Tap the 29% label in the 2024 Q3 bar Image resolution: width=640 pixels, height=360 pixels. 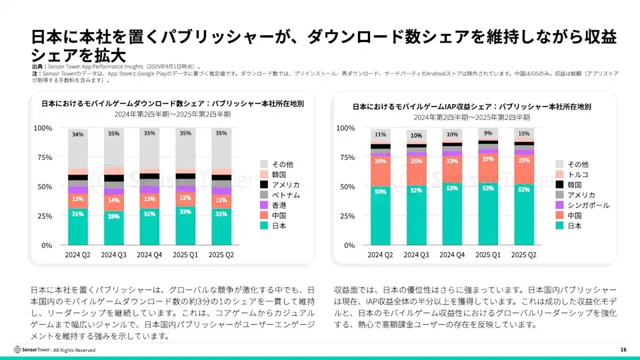click(115, 216)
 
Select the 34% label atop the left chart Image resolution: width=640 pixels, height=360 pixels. click(78, 135)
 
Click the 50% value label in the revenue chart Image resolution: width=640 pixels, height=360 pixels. click(381, 192)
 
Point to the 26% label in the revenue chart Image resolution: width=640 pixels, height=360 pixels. click(381, 161)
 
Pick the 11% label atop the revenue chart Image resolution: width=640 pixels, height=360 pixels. click(381, 134)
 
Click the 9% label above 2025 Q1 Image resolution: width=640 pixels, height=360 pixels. click(489, 133)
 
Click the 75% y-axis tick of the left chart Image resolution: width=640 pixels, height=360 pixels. click(43, 157)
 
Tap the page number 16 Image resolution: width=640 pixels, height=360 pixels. click(623, 349)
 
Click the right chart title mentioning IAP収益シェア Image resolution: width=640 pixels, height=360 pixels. click(471, 106)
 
